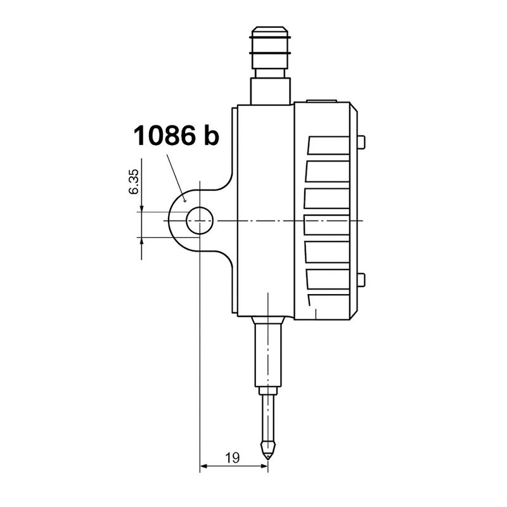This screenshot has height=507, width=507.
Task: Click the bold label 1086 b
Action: pyautogui.click(x=176, y=136)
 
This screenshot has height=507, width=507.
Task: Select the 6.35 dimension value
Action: pyautogui.click(x=134, y=182)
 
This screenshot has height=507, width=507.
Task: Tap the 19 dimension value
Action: pyautogui.click(x=233, y=458)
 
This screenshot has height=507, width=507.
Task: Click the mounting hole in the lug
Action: pyautogui.click(x=200, y=221)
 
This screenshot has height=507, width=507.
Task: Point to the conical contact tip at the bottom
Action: pyautogui.click(x=268, y=452)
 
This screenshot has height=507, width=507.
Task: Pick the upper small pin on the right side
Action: pyautogui.click(x=361, y=143)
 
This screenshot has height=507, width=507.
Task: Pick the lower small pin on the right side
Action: pyautogui.click(x=361, y=280)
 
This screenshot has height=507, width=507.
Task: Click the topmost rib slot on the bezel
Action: pyautogui.click(x=328, y=145)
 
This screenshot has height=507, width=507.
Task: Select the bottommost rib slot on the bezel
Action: pyautogui.click(x=329, y=300)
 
